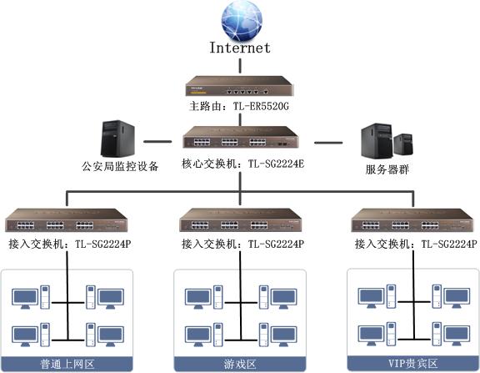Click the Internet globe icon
tap(242, 21)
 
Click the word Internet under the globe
tap(240, 48)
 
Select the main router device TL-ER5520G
tap(239, 86)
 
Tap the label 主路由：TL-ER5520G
tap(239, 106)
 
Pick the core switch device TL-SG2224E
tap(241, 138)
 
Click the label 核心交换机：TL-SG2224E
tap(242, 164)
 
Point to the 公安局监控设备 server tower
tap(117, 139)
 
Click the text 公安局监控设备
tap(120, 166)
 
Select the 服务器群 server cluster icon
tap(387, 141)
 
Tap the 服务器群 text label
tap(387, 169)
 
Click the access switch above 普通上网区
tap(66, 220)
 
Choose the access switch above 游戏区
tap(241, 220)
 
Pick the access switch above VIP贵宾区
tap(412, 220)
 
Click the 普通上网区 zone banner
tap(67, 364)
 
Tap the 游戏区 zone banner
tap(240, 364)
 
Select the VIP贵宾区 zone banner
tap(413, 364)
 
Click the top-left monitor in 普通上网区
tap(25, 299)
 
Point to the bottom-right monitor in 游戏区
tap(284, 336)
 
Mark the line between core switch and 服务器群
tap(328, 143)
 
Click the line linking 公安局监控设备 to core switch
tap(157, 142)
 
